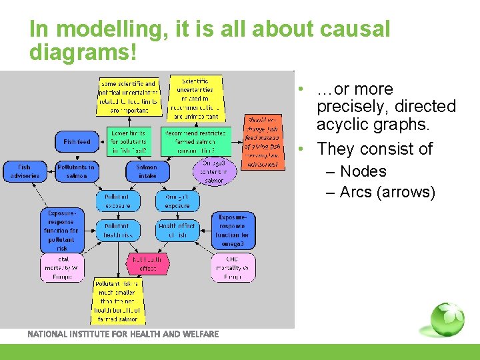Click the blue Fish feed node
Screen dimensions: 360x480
point(77,142)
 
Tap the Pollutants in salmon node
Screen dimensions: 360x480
point(77,171)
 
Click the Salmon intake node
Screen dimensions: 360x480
point(147,171)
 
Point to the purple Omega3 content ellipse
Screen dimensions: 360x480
point(213,171)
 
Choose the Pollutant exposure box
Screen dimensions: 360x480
point(117,201)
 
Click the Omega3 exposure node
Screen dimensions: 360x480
point(177,201)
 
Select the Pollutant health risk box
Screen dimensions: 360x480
point(117,231)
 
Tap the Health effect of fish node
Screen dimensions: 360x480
point(177,231)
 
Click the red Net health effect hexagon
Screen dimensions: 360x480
point(147,263)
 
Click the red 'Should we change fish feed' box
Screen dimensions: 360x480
point(263,141)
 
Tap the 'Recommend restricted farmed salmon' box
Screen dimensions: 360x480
point(195,142)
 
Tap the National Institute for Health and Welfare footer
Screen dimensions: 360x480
point(123,334)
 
